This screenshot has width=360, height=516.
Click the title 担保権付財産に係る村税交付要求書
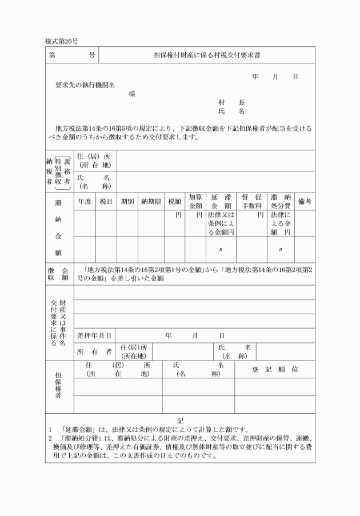coord(206,55)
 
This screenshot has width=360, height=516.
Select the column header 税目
coord(106,202)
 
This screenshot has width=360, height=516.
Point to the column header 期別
coord(127,202)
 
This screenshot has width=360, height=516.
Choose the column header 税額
coord(174,202)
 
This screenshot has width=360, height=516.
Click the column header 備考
coord(305,202)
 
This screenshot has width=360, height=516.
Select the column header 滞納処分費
coord(281,201)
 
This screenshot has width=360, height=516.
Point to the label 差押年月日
coord(94,335)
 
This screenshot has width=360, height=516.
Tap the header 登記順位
coord(275,370)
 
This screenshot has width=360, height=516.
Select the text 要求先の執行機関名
coord(85,85)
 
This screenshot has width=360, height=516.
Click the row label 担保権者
coord(59,387)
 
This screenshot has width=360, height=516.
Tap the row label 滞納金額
coord(59,227)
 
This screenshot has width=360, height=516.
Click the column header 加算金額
coord(195,201)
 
